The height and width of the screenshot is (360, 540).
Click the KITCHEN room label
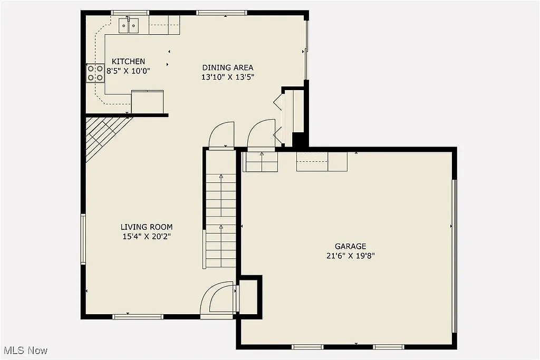coord(128,62)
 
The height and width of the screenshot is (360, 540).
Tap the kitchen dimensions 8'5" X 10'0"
coord(128,71)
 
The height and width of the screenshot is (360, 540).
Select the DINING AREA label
coord(228,67)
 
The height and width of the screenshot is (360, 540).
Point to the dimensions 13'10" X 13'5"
coord(228,76)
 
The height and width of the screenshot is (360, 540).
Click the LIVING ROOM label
coord(147,227)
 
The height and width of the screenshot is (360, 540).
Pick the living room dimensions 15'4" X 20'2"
coord(147,236)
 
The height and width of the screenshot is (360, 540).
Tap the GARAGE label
coord(350,246)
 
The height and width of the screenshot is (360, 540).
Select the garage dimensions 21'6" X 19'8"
coord(350,256)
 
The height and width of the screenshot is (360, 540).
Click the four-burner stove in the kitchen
coord(95,73)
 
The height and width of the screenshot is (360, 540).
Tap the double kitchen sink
coord(128,25)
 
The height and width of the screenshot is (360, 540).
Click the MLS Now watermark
coord(25,350)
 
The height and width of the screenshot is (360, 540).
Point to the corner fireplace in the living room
coord(103,134)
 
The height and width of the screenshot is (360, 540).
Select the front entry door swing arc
coord(217,299)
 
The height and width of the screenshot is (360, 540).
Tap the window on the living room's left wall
coord(83,239)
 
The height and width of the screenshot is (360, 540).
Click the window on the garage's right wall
coord(454,256)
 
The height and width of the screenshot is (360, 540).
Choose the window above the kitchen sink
coord(130,13)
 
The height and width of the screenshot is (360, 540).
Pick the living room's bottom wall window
coord(138,316)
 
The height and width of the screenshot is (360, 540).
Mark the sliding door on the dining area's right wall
coord(306,51)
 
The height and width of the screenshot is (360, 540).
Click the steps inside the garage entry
coord(260,162)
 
